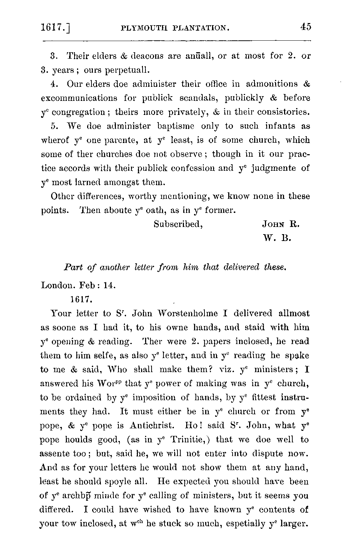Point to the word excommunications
[x=79, y=98]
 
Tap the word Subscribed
[x=178, y=224]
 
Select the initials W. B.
[x=277, y=238]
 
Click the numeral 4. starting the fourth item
[x=54, y=84]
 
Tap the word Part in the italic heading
[x=71, y=268]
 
